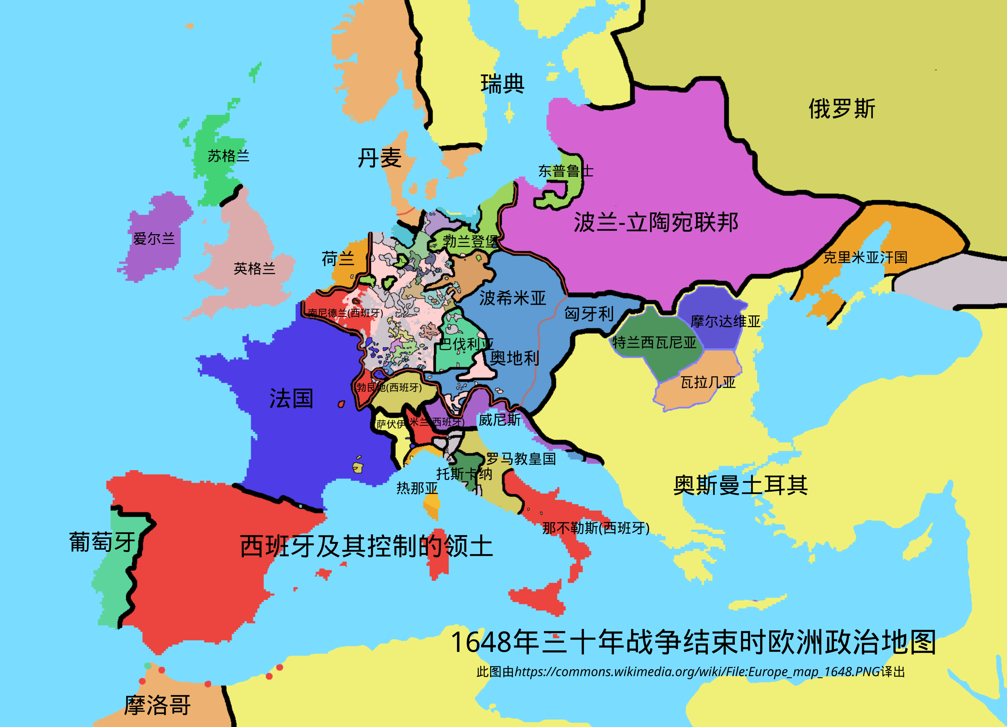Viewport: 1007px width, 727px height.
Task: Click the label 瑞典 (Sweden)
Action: pyautogui.click(x=502, y=84)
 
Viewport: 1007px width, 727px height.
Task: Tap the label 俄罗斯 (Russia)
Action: pyautogui.click(x=841, y=109)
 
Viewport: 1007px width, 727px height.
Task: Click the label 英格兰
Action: pyautogui.click(x=254, y=268)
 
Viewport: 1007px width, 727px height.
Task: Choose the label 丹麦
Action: pyautogui.click(x=379, y=158)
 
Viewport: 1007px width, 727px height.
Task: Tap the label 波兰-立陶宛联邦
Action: pyautogui.click(x=656, y=222)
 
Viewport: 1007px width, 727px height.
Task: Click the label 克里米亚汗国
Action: pyautogui.click(x=865, y=257)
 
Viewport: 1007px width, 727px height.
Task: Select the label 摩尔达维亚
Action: pyautogui.click(x=725, y=321)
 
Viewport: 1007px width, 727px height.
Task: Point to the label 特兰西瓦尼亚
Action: pyautogui.click(x=654, y=343)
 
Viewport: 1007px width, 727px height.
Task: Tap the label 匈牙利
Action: pyautogui.click(x=589, y=314)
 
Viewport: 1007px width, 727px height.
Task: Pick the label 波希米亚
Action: pyautogui.click(x=512, y=298)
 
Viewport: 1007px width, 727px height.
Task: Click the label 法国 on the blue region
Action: pyautogui.click(x=291, y=398)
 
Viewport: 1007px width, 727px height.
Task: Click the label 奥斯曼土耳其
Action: pyautogui.click(x=740, y=485)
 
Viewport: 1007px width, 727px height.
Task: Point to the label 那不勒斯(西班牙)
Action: pyautogui.click(x=595, y=528)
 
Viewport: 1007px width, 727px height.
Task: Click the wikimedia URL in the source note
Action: pyautogui.click(x=697, y=672)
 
